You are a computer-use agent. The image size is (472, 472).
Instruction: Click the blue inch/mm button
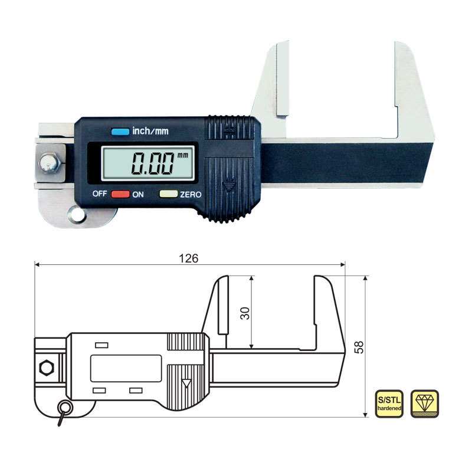point(120,132)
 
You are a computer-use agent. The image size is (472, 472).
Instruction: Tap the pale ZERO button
point(169,194)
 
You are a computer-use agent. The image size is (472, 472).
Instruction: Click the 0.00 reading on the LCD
point(153,163)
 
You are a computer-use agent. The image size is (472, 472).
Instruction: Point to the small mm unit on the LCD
point(183,155)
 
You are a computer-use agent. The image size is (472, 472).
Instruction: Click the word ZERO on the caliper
point(191,195)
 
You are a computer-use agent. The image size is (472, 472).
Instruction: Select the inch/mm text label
point(150,131)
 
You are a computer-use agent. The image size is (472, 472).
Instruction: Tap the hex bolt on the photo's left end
point(50,163)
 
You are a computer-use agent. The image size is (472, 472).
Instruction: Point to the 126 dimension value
point(189,258)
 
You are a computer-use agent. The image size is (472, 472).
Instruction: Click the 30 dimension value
point(245,313)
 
